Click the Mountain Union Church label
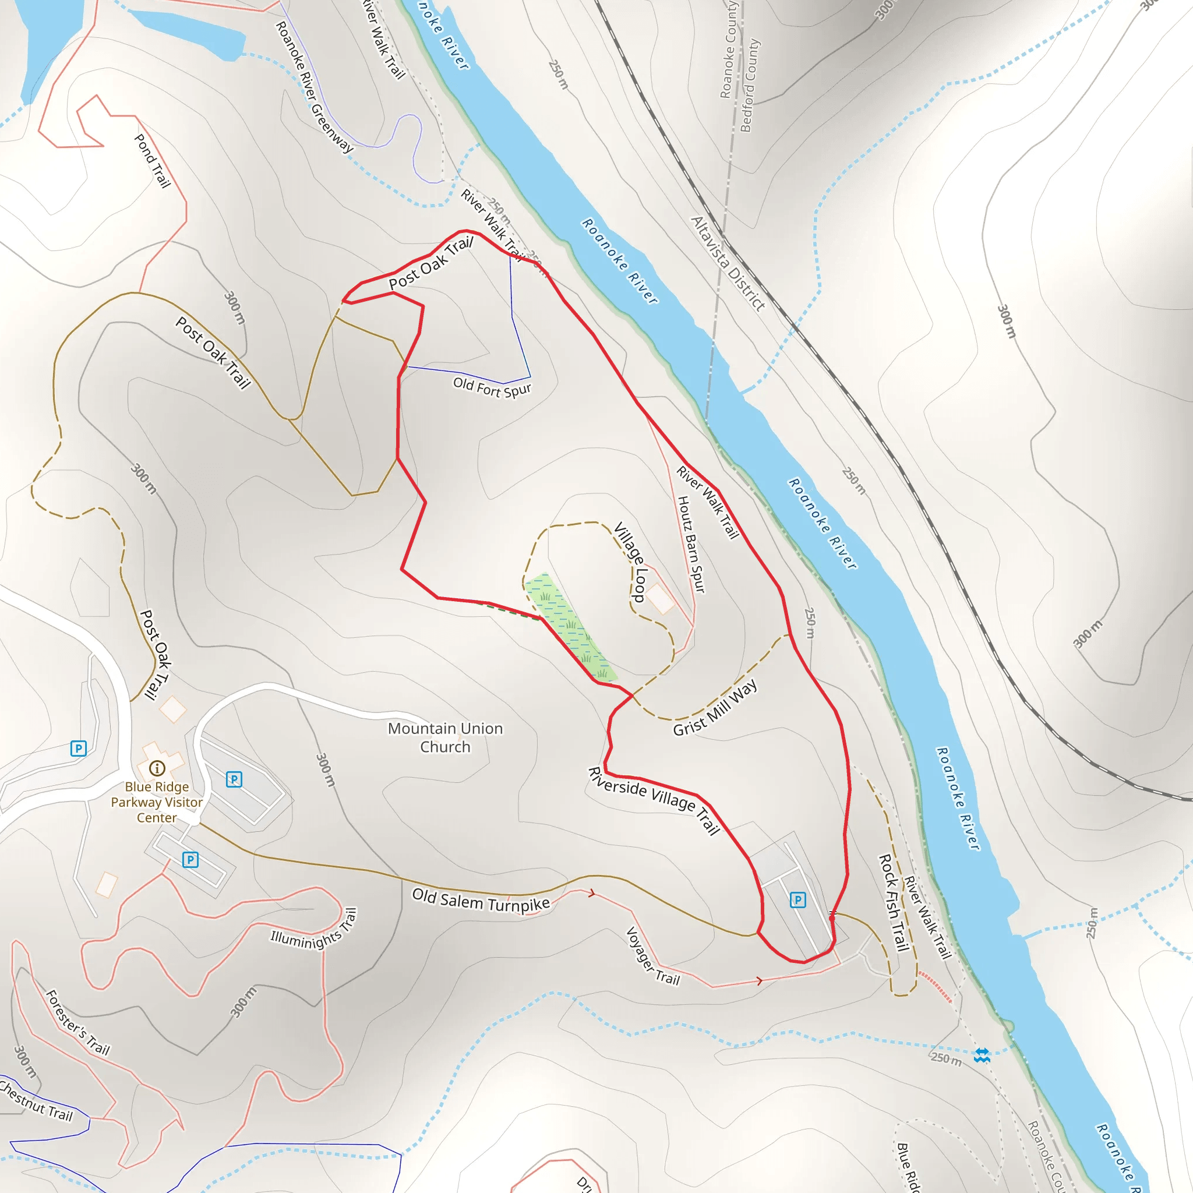445,737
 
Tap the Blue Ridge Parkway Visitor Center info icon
157,768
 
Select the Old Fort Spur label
492,387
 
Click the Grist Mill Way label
715,708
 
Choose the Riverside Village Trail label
654,800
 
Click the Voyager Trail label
652,956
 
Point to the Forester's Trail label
78,1022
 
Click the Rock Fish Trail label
894,902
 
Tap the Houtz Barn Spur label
691,544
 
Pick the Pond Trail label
152,161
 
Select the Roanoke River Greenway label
315,87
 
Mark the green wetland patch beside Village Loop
569,627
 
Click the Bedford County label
750,86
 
